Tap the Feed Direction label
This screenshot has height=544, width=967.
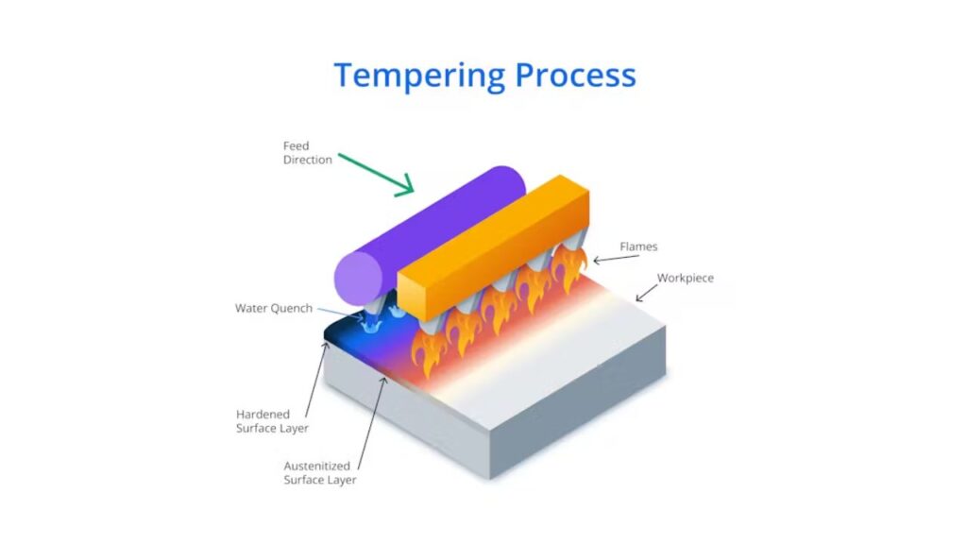click(307, 153)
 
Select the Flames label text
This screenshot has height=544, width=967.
click(638, 246)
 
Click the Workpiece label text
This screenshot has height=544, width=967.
click(686, 279)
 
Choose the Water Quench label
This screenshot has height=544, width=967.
click(273, 308)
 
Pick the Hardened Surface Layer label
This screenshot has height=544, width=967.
click(271, 421)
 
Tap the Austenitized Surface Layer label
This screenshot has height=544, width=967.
click(319, 472)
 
